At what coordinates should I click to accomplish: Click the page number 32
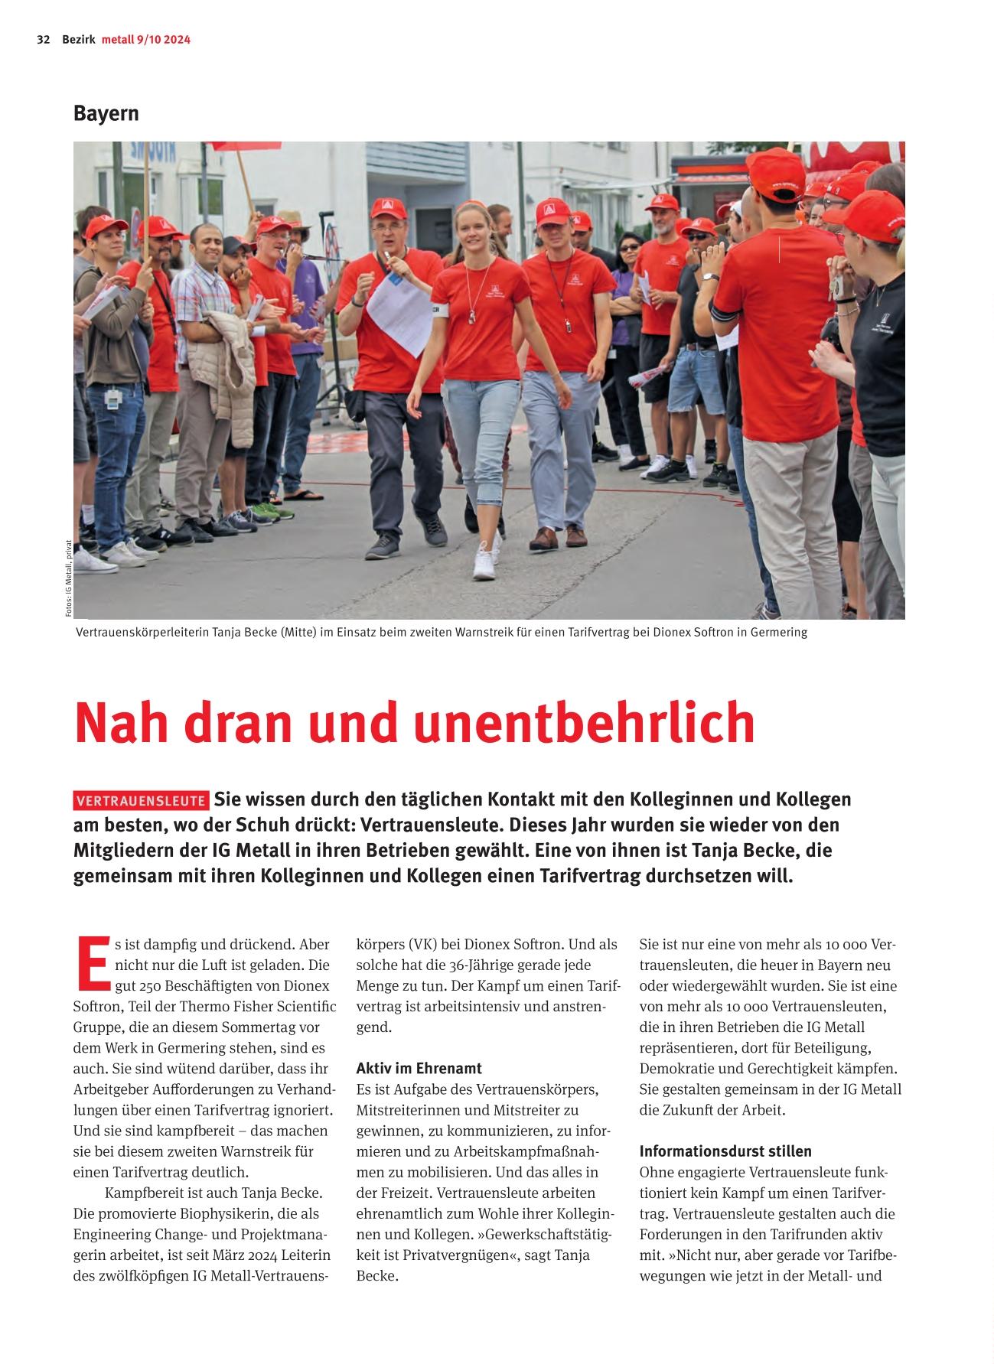coord(43,40)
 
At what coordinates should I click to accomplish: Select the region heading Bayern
coord(106,113)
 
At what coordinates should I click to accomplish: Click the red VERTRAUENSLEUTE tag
coord(142,801)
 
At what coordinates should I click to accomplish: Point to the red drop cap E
coord(91,963)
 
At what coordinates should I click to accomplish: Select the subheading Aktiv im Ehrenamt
coord(419,1068)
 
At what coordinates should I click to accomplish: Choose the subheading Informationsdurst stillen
coord(725,1151)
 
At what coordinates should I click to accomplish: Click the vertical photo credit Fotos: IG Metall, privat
coord(68,578)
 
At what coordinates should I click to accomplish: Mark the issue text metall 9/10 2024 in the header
coord(146,40)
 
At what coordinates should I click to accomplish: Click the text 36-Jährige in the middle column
coord(499,965)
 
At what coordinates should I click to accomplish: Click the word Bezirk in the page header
coord(79,40)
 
